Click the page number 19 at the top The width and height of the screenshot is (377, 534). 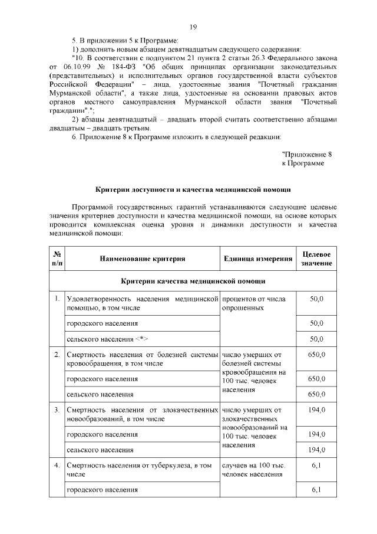pos(193,27)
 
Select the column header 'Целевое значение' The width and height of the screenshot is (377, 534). pos(316,258)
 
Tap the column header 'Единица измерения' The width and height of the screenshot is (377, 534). pos(258,258)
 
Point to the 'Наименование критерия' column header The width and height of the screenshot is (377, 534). pos(142,258)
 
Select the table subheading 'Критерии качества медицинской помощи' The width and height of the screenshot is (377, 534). pos(193,281)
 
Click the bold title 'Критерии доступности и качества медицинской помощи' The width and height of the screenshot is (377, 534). pos(193,190)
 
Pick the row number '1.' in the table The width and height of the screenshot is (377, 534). pos(57,299)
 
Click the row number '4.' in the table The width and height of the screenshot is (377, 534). pos(57,466)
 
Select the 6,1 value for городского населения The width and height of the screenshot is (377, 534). pos(316,490)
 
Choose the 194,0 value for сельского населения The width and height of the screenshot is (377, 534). pos(316,450)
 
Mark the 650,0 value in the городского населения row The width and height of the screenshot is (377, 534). pos(316,378)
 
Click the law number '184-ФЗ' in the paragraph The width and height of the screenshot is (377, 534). pos(122,67)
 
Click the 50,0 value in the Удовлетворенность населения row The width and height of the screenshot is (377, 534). pos(316,299)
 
